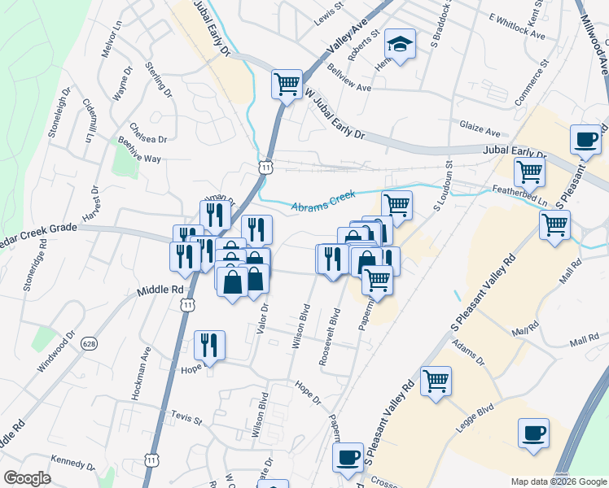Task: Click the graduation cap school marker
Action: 400,46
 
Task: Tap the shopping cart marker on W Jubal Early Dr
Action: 287,83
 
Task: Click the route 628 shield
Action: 89,344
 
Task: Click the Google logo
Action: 27,478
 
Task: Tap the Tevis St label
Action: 186,418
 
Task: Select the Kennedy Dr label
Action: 73,463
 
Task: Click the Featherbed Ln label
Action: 519,195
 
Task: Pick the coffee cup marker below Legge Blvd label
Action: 533,434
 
